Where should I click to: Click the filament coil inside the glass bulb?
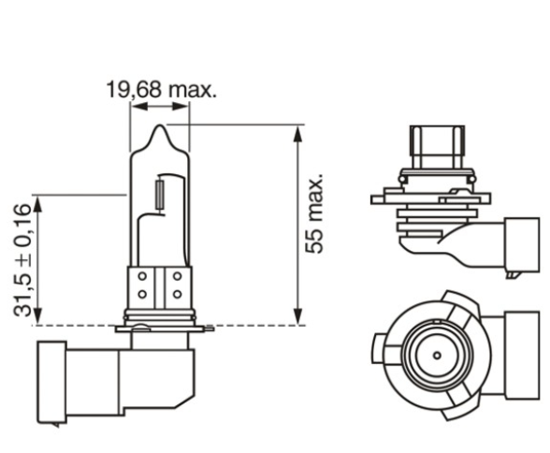point(160,196)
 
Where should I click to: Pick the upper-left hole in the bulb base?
point(141,277)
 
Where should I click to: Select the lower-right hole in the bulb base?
point(177,294)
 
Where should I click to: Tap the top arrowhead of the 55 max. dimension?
point(297,131)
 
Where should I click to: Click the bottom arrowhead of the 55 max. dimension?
point(297,317)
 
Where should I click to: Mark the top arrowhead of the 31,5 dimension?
point(37,201)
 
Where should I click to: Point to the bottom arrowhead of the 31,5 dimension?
point(37,318)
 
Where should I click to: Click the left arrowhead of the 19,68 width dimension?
point(135,108)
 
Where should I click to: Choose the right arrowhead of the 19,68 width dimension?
point(185,108)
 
